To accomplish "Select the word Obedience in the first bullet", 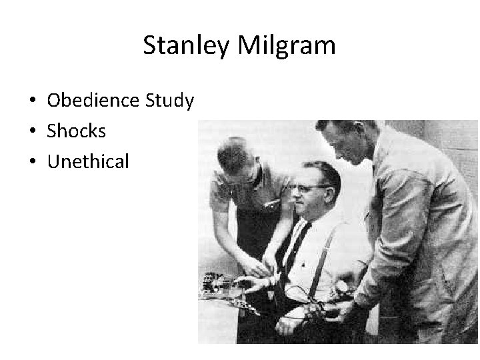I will click(x=93, y=101).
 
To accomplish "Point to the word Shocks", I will click(x=76, y=131).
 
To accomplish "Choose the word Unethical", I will click(x=87, y=161).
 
